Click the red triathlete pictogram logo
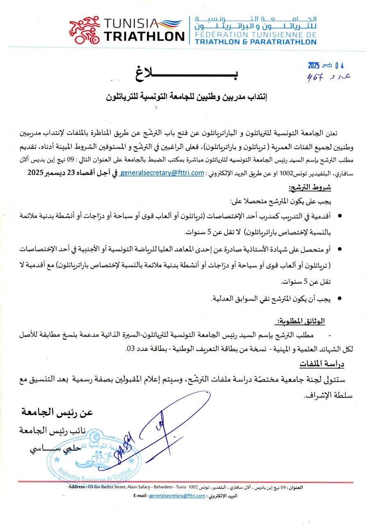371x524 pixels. click(x=84, y=31)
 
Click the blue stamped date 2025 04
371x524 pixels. click(x=326, y=65)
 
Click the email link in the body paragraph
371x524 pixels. click(x=162, y=173)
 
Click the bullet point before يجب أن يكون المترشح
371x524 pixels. click(x=339, y=299)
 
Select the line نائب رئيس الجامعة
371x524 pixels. click(x=55, y=431)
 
